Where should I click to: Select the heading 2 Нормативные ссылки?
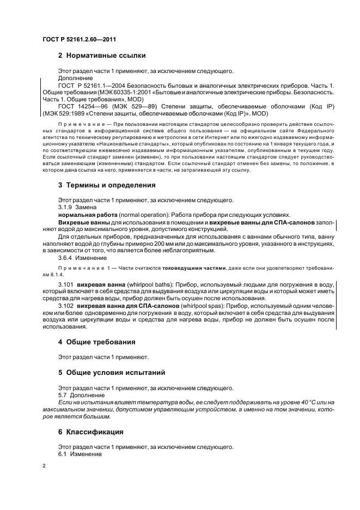[x=101, y=55]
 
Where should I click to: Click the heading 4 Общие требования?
[x=97, y=342]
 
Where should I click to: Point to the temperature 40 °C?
[x=291, y=402]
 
